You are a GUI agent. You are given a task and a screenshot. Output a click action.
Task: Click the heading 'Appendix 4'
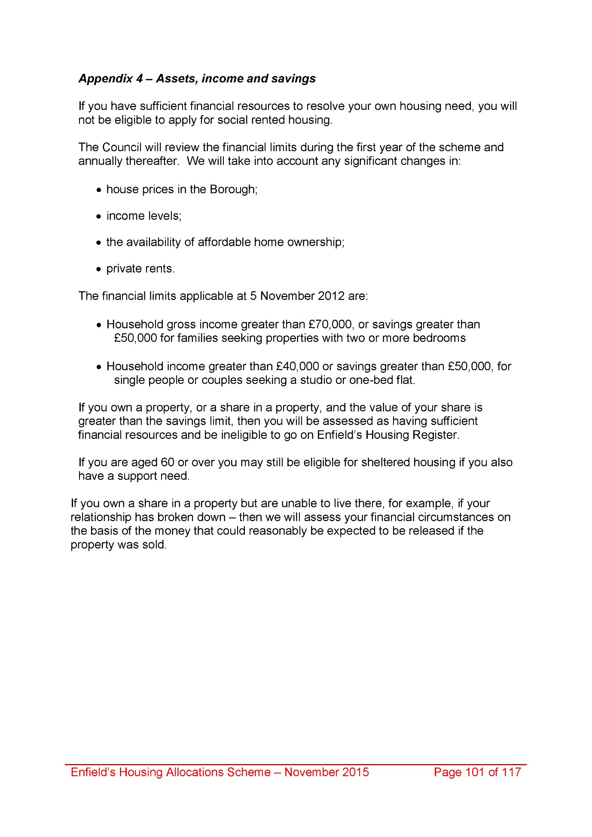110,79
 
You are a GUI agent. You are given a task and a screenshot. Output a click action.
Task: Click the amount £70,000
330,324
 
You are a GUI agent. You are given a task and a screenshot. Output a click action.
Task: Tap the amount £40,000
297,366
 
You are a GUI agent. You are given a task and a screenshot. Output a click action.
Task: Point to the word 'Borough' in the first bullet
232,189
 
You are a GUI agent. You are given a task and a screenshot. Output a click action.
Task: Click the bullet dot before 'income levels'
98,216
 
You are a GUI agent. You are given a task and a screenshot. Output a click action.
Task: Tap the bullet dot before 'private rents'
98,269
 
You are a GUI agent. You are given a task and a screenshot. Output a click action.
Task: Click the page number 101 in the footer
475,772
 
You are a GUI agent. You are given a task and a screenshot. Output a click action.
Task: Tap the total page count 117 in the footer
511,772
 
